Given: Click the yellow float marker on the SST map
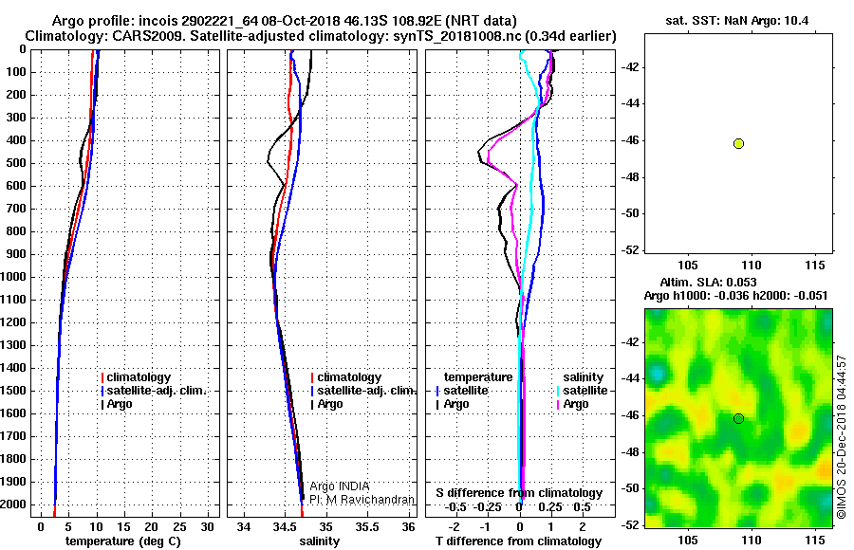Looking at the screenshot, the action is point(738,144).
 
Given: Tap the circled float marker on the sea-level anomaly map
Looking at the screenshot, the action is point(738,419).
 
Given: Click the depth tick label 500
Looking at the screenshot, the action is point(15,163).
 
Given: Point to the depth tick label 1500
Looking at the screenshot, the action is point(13,391).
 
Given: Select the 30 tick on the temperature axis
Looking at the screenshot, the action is point(207,527).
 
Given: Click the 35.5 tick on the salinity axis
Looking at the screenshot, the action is point(367,527).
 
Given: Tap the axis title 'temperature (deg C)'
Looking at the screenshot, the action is point(123,541).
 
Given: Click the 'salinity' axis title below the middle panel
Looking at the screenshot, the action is point(320,541).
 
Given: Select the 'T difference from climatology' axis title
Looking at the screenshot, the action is point(519,541).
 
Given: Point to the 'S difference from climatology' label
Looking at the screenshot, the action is point(519,493).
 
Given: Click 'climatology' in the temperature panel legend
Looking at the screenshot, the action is point(139,377).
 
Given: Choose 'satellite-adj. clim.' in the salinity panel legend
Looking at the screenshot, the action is point(366,391).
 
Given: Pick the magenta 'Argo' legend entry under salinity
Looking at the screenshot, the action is point(576,404).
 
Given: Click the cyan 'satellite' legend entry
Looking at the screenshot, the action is point(585,391).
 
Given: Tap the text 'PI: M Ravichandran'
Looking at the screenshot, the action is point(362,500).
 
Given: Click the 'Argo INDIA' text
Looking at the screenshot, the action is point(339,486).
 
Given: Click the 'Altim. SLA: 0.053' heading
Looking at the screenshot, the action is point(708,282).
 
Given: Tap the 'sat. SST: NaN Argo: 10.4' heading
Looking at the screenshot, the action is point(737,21).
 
